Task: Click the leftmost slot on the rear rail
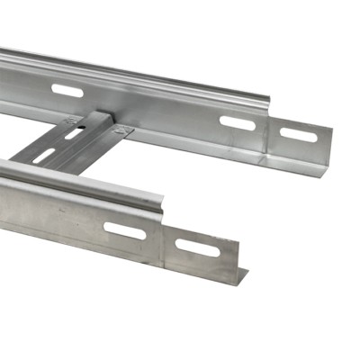(x=67, y=90)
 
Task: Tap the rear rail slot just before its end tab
(x=237, y=122)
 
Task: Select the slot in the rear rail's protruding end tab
(x=298, y=135)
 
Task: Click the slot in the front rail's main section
(x=124, y=230)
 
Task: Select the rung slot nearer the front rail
(x=45, y=156)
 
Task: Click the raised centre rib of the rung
(x=81, y=139)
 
